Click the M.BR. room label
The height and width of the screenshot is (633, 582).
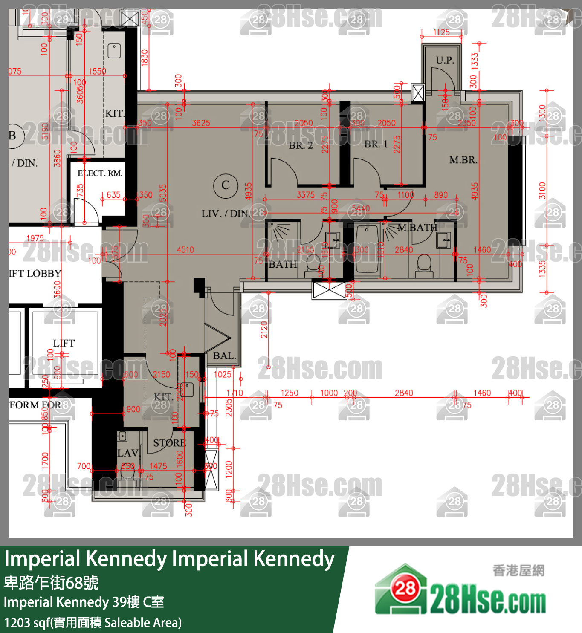point(463,160)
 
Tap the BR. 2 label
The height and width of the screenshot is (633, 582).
point(301,145)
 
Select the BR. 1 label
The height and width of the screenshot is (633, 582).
point(376,144)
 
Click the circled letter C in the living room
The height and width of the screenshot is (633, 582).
point(226,185)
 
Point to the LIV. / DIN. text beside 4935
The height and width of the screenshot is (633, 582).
point(226,214)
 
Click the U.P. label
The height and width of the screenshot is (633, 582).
point(445,60)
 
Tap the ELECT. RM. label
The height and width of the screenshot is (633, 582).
point(100,173)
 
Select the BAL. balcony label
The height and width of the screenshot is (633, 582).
point(224,356)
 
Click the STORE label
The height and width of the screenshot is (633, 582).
point(170,443)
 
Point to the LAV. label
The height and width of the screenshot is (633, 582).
point(127,453)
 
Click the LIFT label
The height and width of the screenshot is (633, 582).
point(64,343)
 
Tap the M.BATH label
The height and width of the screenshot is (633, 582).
point(417,228)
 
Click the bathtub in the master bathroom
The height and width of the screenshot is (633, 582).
point(367,249)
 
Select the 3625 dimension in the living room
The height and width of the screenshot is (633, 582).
point(201,123)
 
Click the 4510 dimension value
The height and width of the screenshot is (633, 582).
point(185,250)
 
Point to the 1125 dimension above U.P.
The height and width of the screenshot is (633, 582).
point(441,32)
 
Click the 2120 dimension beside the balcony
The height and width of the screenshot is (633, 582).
point(264,330)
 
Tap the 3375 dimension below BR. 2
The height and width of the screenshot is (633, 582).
point(306,195)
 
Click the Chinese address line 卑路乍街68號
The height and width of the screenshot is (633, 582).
point(51,583)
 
